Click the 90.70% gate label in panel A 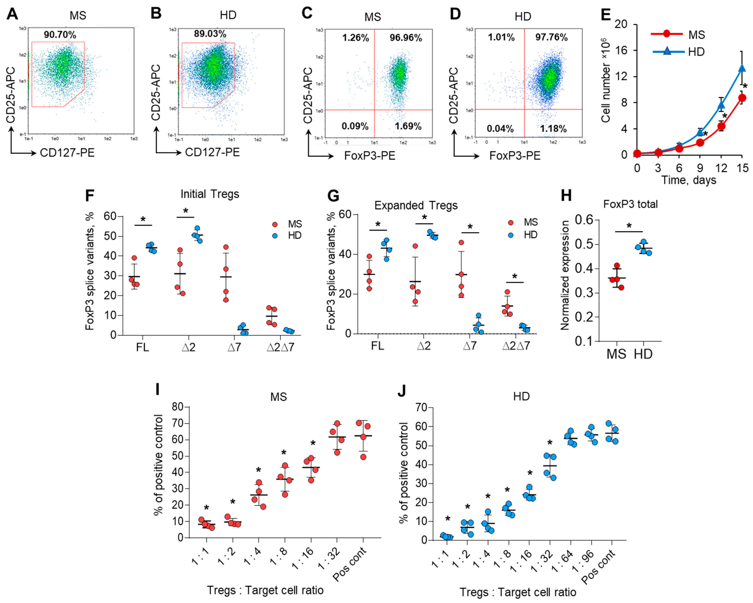click(60, 35)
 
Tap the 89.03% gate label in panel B click(210, 34)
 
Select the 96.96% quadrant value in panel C click(406, 37)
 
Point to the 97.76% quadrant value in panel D click(552, 37)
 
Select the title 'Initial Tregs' click(210, 194)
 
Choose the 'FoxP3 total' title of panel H click(630, 204)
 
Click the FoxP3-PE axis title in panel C click(370, 156)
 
